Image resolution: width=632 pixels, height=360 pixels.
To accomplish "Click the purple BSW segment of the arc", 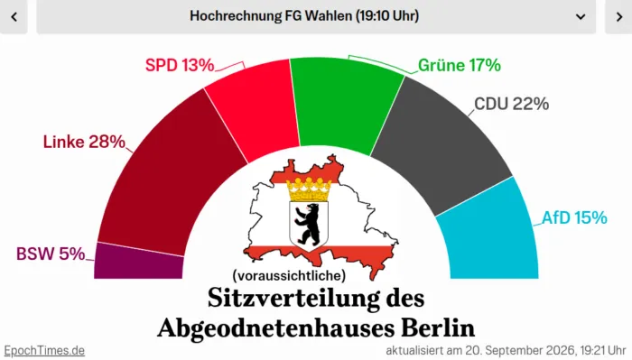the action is click(139, 262).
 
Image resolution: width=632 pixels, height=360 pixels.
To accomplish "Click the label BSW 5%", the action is click(51, 254).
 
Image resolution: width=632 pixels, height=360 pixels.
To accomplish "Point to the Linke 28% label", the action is click(84, 142).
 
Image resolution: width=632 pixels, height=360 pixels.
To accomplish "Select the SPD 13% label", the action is click(180, 65).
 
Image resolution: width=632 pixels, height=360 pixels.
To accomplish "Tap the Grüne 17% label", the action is click(460, 65).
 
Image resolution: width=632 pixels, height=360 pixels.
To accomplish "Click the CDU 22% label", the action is click(512, 104).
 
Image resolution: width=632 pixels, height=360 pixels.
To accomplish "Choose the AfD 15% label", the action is click(574, 217).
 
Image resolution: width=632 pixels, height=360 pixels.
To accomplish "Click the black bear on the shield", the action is click(308, 225).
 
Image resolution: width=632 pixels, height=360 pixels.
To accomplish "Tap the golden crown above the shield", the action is click(309, 189).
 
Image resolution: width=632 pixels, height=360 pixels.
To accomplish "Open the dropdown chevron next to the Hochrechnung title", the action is click(581, 16).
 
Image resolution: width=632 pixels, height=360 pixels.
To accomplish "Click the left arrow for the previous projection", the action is click(14, 16).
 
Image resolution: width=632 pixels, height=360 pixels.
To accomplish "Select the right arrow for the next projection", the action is click(619, 16).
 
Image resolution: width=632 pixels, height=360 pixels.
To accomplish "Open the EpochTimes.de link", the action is click(44, 350).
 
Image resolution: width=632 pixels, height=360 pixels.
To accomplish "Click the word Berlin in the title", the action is click(438, 328).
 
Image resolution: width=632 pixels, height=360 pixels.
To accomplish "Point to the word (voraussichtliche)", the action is click(289, 275).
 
